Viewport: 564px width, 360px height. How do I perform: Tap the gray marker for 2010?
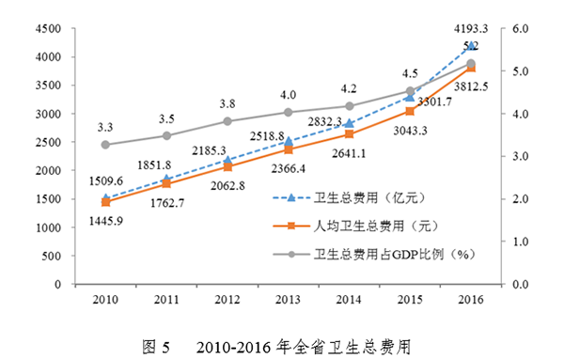click(105, 145)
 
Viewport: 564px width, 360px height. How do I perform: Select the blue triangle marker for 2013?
click(289, 141)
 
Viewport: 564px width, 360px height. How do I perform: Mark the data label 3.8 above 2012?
click(227, 103)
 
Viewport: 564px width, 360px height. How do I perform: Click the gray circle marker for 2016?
click(471, 64)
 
